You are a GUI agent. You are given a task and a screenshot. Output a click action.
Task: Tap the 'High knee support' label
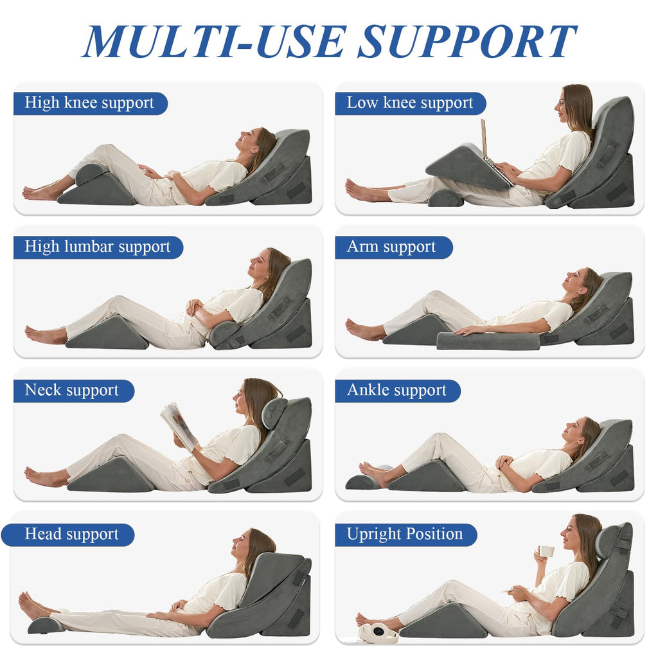89,103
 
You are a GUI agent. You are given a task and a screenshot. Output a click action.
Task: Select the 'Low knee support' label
409,103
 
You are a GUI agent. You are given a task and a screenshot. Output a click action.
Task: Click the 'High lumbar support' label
98,247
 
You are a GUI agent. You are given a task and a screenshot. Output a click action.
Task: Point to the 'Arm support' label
391,247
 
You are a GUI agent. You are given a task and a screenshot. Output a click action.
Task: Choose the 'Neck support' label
72,391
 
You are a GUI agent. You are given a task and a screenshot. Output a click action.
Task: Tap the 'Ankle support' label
396,391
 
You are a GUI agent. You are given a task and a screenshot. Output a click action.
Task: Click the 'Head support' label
72,534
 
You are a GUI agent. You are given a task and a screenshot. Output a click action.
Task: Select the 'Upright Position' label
405,534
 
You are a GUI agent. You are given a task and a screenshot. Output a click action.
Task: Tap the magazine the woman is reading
178,425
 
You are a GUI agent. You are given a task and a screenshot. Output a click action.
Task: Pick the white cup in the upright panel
546,551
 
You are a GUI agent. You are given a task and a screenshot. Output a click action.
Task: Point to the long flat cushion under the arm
488,341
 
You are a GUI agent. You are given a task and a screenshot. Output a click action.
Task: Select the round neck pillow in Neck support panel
274,413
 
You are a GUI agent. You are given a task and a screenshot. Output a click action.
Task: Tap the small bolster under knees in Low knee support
445,198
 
